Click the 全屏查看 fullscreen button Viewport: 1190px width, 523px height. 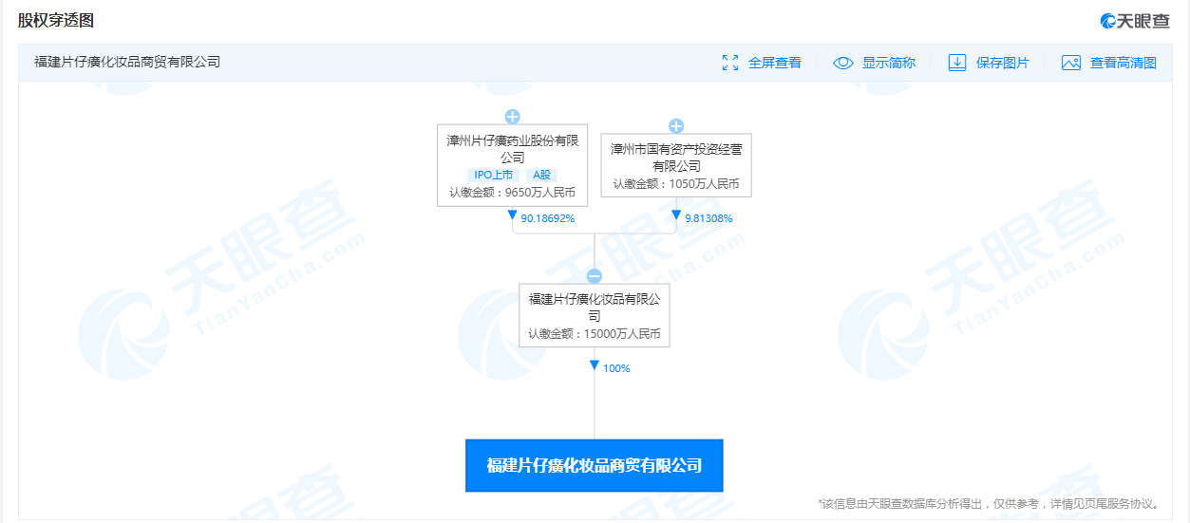click(762, 63)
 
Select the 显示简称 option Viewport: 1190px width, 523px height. click(876, 63)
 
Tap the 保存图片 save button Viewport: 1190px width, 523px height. click(990, 63)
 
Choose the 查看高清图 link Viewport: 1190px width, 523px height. click(1109, 63)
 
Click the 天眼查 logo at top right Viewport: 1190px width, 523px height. click(1134, 21)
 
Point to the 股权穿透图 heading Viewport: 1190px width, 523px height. click(56, 20)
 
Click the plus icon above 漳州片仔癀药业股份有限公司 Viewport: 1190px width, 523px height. click(512, 117)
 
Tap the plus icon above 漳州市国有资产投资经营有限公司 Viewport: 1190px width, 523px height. click(676, 125)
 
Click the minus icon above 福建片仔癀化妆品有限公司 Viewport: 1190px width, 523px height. click(594, 276)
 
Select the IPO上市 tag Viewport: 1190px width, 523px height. click(493, 175)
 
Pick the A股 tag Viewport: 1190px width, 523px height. click(541, 175)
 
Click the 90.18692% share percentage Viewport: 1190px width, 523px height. click(547, 218)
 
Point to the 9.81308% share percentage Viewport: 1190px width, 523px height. click(708, 218)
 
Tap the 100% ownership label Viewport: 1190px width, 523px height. click(615, 368)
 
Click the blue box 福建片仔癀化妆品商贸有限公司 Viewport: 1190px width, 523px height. click(594, 465)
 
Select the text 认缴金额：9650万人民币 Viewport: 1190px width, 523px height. click(512, 192)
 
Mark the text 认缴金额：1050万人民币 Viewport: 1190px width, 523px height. click(675, 184)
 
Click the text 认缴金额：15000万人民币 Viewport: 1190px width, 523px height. click(594, 334)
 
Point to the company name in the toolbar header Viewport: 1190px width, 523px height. click(127, 63)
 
